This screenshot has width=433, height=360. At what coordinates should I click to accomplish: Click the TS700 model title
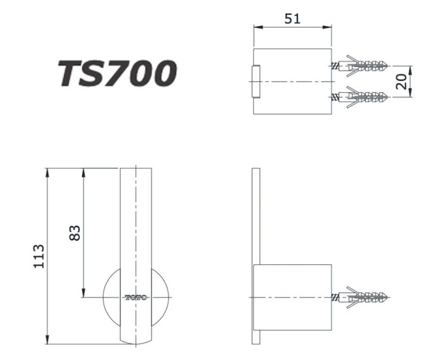click(x=118, y=74)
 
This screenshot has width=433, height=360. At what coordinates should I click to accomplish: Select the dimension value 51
click(x=291, y=19)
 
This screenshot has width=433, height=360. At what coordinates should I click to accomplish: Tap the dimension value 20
click(x=402, y=82)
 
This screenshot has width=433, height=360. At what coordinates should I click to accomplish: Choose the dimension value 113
click(x=38, y=256)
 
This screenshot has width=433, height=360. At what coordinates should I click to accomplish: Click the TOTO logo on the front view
click(x=136, y=297)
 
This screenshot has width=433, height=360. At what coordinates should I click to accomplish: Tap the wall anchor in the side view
click(x=361, y=297)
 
